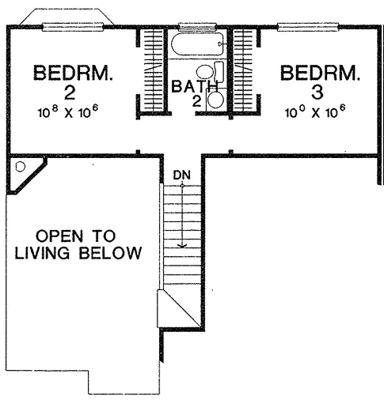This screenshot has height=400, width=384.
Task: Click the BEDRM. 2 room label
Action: pyautogui.click(x=73, y=83)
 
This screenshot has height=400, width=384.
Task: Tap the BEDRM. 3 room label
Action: pyautogui.click(x=320, y=83)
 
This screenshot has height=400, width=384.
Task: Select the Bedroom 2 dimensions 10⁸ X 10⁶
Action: pyautogui.click(x=68, y=112)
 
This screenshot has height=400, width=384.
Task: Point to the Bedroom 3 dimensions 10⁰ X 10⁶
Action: pyautogui.click(x=315, y=111)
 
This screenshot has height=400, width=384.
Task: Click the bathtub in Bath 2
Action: pyautogui.click(x=197, y=43)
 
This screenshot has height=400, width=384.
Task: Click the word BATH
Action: pyautogui.click(x=195, y=86)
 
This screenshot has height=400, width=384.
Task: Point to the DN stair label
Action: pyautogui.click(x=181, y=175)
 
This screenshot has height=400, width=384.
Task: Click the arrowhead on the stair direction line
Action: pyautogui.click(x=182, y=246)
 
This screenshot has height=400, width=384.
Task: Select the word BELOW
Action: pyautogui.click(x=110, y=253)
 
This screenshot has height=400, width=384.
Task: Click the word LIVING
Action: pyautogui.click(x=42, y=253)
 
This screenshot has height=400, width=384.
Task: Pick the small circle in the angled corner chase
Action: pyautogui.click(x=20, y=167)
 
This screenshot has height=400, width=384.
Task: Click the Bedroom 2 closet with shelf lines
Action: pyautogui.click(x=153, y=70)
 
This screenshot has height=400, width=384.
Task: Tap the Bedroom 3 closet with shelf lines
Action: pyautogui.click(x=243, y=70)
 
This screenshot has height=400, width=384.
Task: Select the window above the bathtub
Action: pyautogui.click(x=197, y=27)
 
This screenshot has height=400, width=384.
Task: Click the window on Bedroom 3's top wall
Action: pyautogui.click(x=308, y=27)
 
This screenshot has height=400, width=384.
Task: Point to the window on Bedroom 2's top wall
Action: pyautogui.click(x=73, y=27)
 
